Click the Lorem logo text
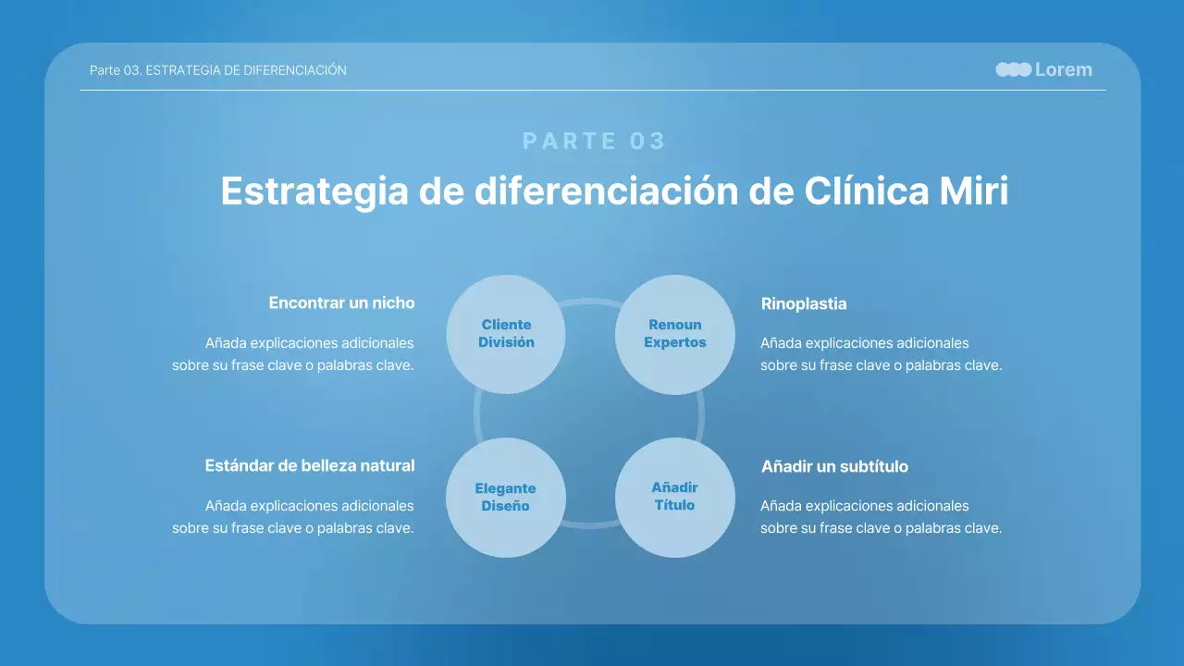(x=1063, y=69)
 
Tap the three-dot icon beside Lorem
(x=1013, y=69)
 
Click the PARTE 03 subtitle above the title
(x=594, y=141)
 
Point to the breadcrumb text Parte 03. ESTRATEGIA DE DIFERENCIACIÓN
(x=218, y=70)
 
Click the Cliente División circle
(x=506, y=334)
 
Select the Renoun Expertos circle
(x=675, y=334)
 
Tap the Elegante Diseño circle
(x=506, y=498)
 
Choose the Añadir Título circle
(x=675, y=498)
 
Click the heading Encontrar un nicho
(x=341, y=302)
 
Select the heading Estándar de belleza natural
(x=309, y=465)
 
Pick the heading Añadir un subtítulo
(x=834, y=466)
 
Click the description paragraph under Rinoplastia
(x=881, y=354)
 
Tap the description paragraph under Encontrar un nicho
(x=293, y=354)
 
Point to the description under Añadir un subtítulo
(x=881, y=517)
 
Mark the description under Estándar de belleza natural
(x=293, y=517)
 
